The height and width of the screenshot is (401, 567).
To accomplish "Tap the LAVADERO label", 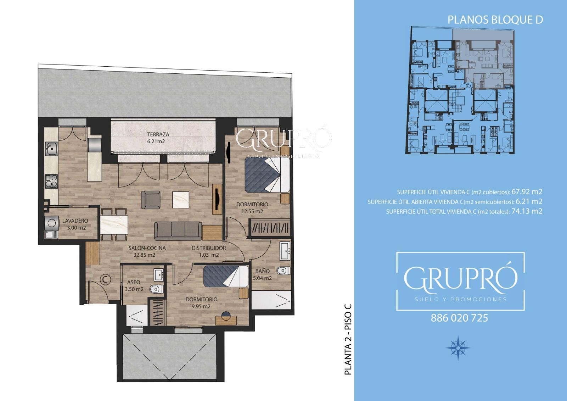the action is (75, 221).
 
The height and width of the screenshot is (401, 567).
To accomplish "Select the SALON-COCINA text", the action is (147, 248).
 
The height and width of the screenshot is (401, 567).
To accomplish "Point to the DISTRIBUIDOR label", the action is (209, 248).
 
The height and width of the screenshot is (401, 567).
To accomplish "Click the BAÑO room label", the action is (263, 271).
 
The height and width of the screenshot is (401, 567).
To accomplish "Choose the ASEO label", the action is (134, 282).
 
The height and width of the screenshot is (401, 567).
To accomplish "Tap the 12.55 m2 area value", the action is (252, 211).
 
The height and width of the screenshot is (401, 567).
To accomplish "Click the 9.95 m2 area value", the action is (201, 306).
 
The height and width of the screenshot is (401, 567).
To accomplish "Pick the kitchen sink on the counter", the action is (51, 149).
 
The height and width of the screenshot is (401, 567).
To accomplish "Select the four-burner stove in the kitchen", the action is (51, 182).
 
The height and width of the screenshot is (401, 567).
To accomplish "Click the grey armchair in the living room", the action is (151, 200).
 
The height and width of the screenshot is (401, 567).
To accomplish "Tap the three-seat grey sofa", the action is (178, 231).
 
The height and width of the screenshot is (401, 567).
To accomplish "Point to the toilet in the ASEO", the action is (156, 289).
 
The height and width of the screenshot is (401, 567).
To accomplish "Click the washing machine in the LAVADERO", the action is (51, 223).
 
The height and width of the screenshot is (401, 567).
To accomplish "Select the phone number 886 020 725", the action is (459, 318).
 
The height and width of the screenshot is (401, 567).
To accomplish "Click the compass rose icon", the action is (458, 347).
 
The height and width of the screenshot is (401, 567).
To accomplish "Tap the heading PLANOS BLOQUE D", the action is (495, 20).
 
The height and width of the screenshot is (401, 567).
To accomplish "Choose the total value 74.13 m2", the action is (527, 211).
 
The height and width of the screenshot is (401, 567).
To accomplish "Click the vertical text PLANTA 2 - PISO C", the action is (348, 340).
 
